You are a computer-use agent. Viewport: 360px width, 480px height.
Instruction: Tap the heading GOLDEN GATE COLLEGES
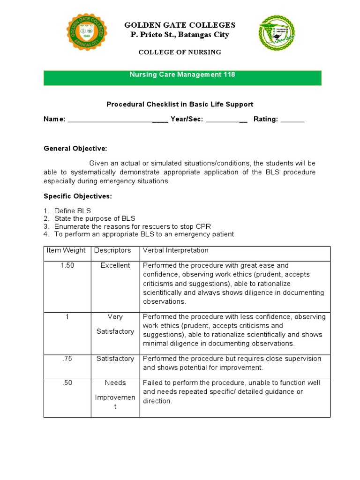[180, 25]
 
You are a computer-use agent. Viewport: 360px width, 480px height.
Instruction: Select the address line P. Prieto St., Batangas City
[180, 35]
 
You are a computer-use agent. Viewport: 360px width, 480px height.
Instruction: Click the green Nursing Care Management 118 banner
[182, 78]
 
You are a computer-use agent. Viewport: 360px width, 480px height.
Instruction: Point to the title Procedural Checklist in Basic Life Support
[180, 104]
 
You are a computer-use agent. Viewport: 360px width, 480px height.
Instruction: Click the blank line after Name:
[117, 120]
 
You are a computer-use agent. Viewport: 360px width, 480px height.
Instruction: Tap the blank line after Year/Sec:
[226, 120]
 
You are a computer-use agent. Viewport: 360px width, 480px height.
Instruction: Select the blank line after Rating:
[292, 120]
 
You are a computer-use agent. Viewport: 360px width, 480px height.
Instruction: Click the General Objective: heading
[75, 149]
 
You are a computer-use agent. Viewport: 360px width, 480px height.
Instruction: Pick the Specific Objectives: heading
[78, 196]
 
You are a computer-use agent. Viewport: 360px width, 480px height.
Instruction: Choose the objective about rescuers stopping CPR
[132, 226]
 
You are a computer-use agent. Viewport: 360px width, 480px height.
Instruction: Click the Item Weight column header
[66, 250]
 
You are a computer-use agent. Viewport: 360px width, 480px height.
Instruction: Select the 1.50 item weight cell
[67, 265]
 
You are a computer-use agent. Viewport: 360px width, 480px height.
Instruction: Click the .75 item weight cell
[67, 359]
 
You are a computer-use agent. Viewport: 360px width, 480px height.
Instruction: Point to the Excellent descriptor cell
[115, 265]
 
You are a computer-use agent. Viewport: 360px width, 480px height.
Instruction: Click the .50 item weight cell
[67, 382]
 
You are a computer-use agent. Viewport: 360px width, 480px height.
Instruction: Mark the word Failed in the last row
[152, 382]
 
